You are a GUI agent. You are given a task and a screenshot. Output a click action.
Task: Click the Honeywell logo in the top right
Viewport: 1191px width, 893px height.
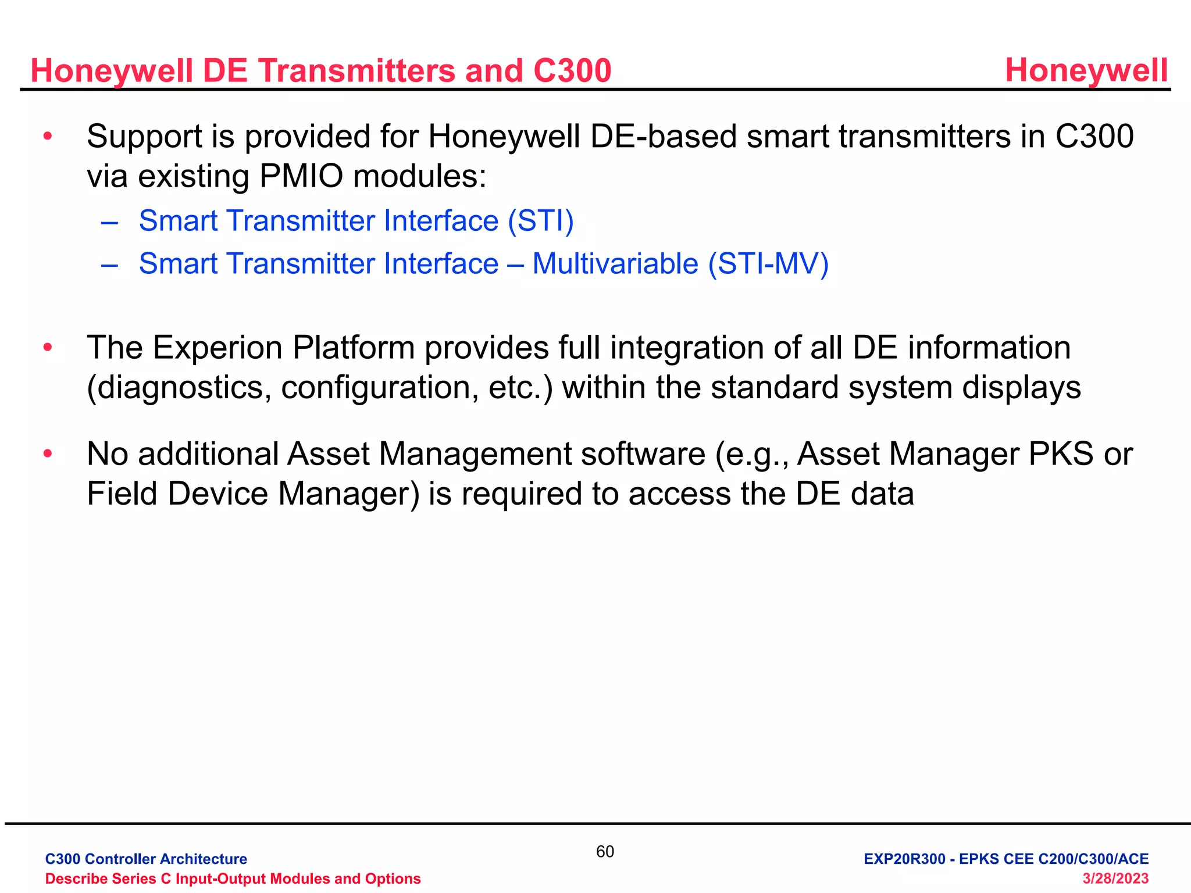pos(1086,70)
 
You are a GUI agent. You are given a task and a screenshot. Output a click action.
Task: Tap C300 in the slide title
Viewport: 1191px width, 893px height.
pos(572,71)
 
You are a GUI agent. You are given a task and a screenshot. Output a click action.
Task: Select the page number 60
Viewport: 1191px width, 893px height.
pos(605,852)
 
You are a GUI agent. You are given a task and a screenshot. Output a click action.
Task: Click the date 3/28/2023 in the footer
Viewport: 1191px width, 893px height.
pos(1115,878)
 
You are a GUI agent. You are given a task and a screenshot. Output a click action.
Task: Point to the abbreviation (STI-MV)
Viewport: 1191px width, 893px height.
pos(768,263)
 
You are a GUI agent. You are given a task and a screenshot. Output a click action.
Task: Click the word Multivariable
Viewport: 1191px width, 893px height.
pos(615,263)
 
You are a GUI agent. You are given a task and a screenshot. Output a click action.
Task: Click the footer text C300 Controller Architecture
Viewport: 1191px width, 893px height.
pos(146,859)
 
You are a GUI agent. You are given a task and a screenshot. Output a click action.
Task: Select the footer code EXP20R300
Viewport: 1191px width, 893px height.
pos(904,859)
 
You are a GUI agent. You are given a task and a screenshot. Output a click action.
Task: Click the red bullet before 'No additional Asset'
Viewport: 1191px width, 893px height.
pos(48,453)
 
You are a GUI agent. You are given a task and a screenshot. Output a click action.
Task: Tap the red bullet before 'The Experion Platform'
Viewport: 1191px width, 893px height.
pos(48,347)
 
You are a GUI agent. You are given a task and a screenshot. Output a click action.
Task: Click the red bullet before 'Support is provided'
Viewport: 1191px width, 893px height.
pos(48,136)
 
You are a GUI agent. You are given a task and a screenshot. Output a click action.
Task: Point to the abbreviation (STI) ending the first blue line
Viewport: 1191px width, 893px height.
pos(540,221)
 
